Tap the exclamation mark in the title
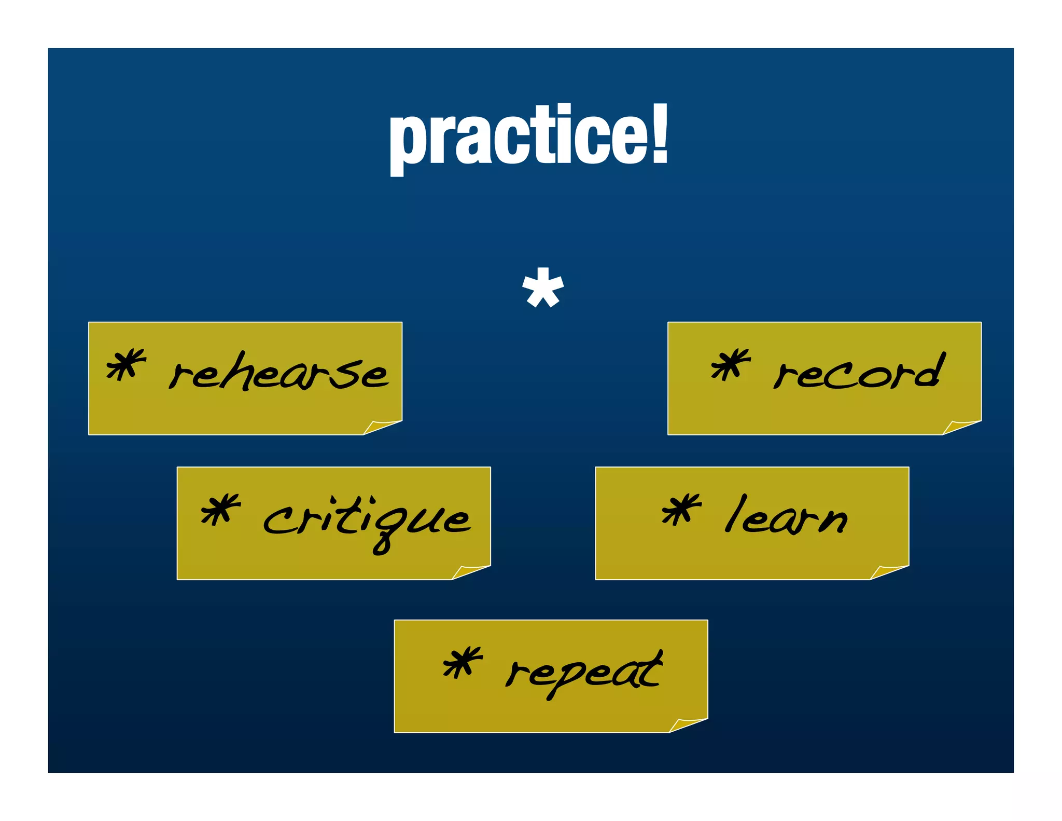[659, 134]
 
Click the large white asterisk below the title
[542, 288]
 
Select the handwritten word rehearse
[278, 372]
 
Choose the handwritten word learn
[786, 516]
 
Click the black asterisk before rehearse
[125, 365]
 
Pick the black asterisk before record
[730, 364]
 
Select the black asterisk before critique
[220, 509]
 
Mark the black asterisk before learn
[681, 509]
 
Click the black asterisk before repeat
[462, 662]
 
